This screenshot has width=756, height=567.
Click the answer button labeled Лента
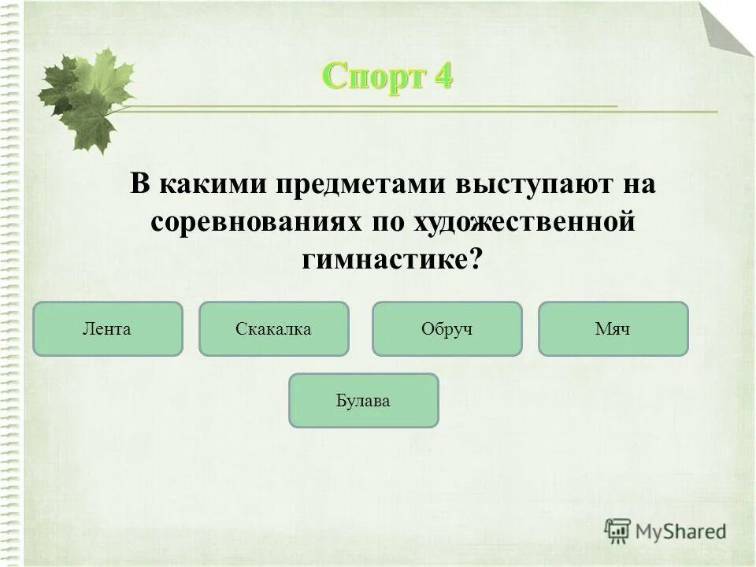pyautogui.click(x=107, y=328)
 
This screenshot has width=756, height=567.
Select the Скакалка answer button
pyautogui.click(x=273, y=328)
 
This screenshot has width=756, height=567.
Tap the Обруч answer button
pyautogui.click(x=447, y=328)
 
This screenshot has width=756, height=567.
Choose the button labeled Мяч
pyautogui.click(x=613, y=328)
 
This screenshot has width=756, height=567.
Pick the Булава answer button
pyautogui.click(x=363, y=401)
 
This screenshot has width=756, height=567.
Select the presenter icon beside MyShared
pyautogui.click(x=618, y=531)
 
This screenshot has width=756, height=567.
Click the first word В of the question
pyautogui.click(x=139, y=186)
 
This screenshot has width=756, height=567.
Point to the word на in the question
pyautogui.click(x=639, y=186)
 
